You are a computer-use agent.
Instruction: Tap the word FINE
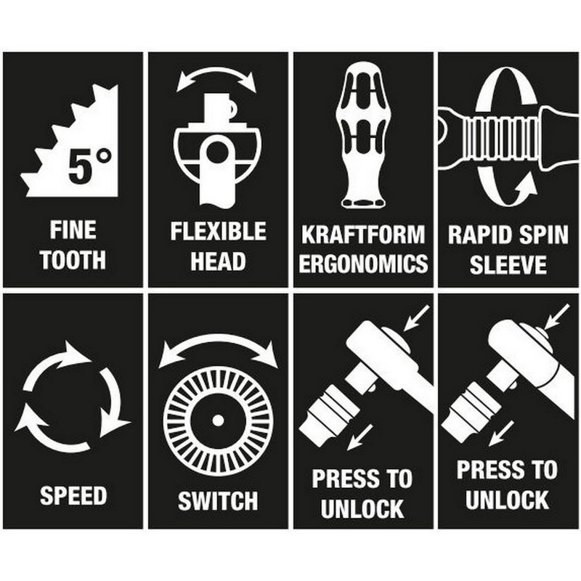click(x=73, y=230)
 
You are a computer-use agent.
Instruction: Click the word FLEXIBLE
click(x=219, y=231)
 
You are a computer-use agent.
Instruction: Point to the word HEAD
click(x=219, y=261)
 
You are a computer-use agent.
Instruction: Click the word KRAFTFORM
click(x=363, y=235)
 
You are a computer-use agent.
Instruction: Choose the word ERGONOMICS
click(x=363, y=264)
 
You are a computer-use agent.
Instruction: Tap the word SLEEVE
click(x=508, y=264)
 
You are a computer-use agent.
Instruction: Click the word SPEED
click(x=73, y=495)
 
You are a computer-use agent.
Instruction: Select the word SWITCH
click(x=218, y=501)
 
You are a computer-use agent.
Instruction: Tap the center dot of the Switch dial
click(x=219, y=420)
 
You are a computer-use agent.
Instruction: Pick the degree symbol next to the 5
click(x=103, y=156)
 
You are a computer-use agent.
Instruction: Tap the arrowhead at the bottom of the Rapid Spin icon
click(x=527, y=184)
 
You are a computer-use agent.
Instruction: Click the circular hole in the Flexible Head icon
click(x=218, y=153)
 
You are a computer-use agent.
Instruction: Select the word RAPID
click(x=476, y=235)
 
